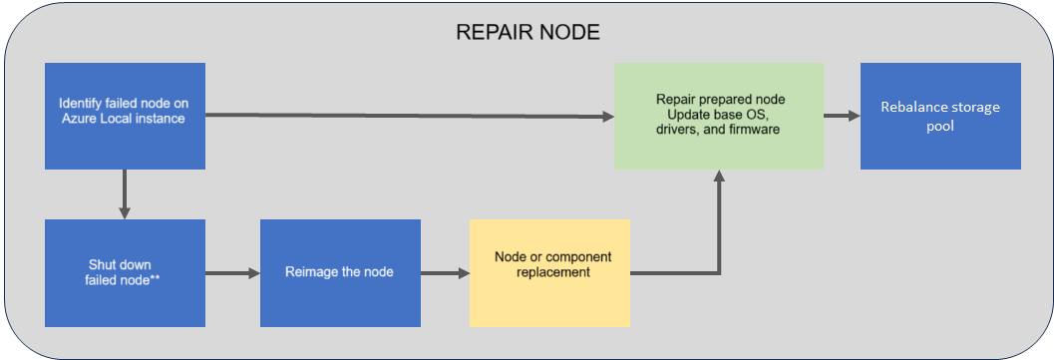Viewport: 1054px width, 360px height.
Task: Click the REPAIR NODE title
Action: [527, 33]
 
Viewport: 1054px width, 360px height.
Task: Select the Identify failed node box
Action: [125, 117]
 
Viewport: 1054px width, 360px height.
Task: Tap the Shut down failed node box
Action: [125, 273]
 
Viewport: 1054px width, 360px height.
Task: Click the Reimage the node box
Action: [340, 273]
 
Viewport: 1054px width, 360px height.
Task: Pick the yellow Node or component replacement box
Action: [549, 273]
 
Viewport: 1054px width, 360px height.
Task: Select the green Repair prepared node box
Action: [719, 117]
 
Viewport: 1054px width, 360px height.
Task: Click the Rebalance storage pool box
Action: [940, 117]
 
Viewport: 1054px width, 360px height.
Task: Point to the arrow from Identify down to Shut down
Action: [125, 194]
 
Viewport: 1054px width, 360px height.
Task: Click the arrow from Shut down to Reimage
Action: [232, 273]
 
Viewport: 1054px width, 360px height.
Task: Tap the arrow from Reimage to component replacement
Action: [445, 273]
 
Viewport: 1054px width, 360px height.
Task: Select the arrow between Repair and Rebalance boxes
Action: [843, 117]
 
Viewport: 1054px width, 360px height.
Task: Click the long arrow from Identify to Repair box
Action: [410, 117]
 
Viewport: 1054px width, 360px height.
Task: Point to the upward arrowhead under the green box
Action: [719, 176]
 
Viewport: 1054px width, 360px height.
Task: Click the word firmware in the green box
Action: [758, 129]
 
